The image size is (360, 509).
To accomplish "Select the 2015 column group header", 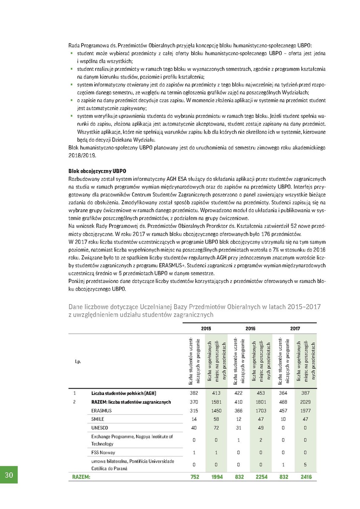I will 205,328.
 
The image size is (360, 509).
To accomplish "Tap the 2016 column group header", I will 250,328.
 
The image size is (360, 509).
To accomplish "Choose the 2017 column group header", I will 295,328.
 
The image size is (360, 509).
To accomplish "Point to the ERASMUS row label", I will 101,410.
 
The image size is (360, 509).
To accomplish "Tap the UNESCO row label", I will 100,427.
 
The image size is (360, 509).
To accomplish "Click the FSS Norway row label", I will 103,452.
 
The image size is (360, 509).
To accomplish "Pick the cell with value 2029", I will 306,402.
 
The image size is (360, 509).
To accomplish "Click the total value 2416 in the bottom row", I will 306,477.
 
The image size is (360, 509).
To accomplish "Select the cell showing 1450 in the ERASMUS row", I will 217,410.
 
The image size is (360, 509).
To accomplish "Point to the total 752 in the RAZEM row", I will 194,477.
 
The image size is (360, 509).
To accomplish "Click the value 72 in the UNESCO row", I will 217,427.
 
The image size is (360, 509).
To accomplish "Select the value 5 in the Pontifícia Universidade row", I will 306,464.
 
